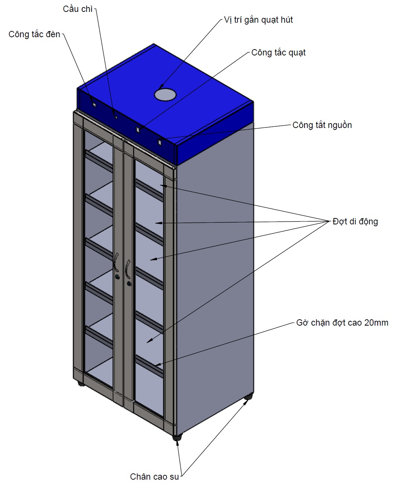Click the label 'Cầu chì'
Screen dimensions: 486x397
(77, 9)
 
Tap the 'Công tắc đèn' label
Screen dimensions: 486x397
(34, 34)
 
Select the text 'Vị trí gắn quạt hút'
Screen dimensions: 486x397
(258, 20)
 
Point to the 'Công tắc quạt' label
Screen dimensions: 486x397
(278, 52)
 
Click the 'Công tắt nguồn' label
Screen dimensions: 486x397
(322, 125)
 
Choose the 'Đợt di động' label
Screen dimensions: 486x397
(355, 221)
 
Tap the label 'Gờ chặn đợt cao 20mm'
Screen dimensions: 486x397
(342, 323)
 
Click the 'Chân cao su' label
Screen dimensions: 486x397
(154, 477)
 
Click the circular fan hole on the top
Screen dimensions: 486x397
(165, 94)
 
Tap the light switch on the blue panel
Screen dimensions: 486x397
(93, 105)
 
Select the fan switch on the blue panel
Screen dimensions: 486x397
(138, 130)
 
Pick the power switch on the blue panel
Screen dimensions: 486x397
(160, 142)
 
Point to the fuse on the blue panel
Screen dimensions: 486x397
(116, 117)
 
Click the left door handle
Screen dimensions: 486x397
(116, 262)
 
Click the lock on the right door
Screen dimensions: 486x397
(129, 284)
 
